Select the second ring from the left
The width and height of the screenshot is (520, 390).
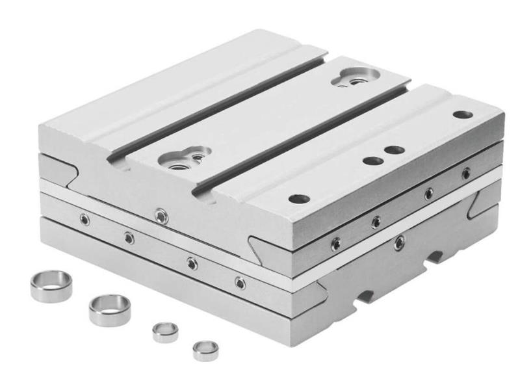(109, 309)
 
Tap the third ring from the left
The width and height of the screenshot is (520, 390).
(165, 331)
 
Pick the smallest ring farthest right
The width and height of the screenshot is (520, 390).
(205, 350)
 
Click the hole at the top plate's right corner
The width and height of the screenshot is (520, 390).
(463, 114)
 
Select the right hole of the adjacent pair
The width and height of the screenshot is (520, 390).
(394, 150)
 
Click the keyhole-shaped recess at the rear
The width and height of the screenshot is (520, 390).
(354, 77)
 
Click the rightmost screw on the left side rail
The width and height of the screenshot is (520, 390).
(240, 283)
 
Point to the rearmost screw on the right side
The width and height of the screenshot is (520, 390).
(465, 173)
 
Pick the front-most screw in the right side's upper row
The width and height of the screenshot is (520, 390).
(335, 244)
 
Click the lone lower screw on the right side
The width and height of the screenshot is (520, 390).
(399, 243)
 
